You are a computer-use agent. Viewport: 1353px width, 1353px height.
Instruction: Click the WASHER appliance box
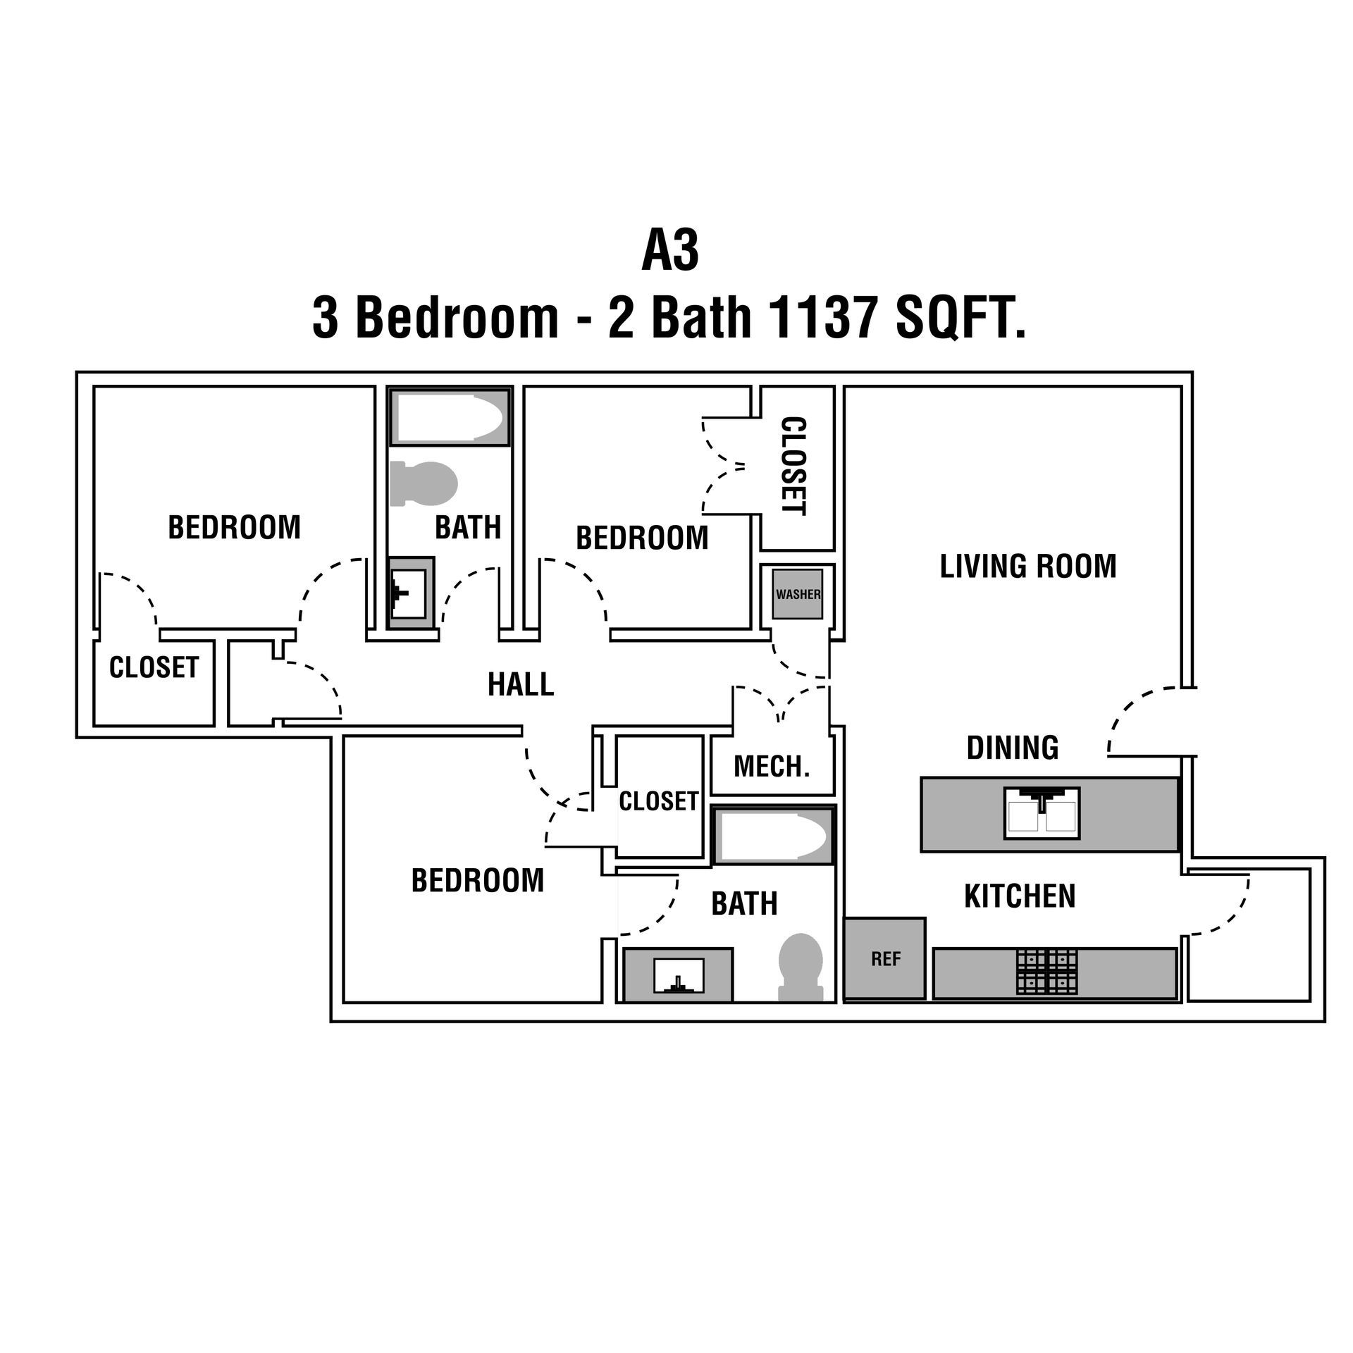[x=798, y=594]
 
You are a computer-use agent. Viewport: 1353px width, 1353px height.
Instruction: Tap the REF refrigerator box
[x=885, y=958]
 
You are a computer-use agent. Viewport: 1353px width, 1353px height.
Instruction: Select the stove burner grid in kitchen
[x=1046, y=972]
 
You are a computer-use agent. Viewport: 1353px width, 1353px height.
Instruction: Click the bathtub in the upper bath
[x=450, y=418]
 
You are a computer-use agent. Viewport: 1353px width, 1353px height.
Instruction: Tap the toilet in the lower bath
[x=801, y=965]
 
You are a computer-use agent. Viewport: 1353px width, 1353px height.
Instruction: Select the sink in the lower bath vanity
[x=679, y=975]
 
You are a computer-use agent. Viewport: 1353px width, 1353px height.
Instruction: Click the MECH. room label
[x=772, y=767]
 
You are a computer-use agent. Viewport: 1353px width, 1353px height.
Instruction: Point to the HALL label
[x=521, y=684]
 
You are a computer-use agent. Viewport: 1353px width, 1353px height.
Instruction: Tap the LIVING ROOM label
[x=1028, y=567]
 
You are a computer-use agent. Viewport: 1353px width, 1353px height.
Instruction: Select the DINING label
[x=1013, y=748]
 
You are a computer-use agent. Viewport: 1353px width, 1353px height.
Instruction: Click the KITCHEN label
[x=1020, y=897]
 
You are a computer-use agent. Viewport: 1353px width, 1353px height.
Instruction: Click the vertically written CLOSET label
[x=794, y=467]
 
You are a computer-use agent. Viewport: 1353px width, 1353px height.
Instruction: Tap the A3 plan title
[x=670, y=252]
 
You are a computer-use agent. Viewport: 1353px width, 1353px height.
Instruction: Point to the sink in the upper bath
[x=411, y=593]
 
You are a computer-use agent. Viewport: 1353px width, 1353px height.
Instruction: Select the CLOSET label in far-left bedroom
[x=154, y=667]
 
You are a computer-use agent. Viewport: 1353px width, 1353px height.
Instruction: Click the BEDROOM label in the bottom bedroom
[x=478, y=881]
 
